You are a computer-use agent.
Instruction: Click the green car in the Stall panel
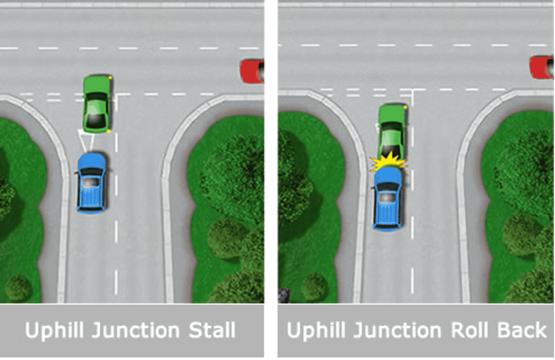point(97,104)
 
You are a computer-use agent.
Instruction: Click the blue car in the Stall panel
point(92,182)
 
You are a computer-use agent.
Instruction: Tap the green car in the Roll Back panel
point(392,131)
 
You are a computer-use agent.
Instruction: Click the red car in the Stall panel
point(251,71)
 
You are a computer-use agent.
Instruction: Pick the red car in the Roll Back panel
point(541,67)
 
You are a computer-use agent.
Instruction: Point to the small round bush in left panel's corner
point(18,288)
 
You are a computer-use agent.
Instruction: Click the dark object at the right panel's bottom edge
point(284,294)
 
